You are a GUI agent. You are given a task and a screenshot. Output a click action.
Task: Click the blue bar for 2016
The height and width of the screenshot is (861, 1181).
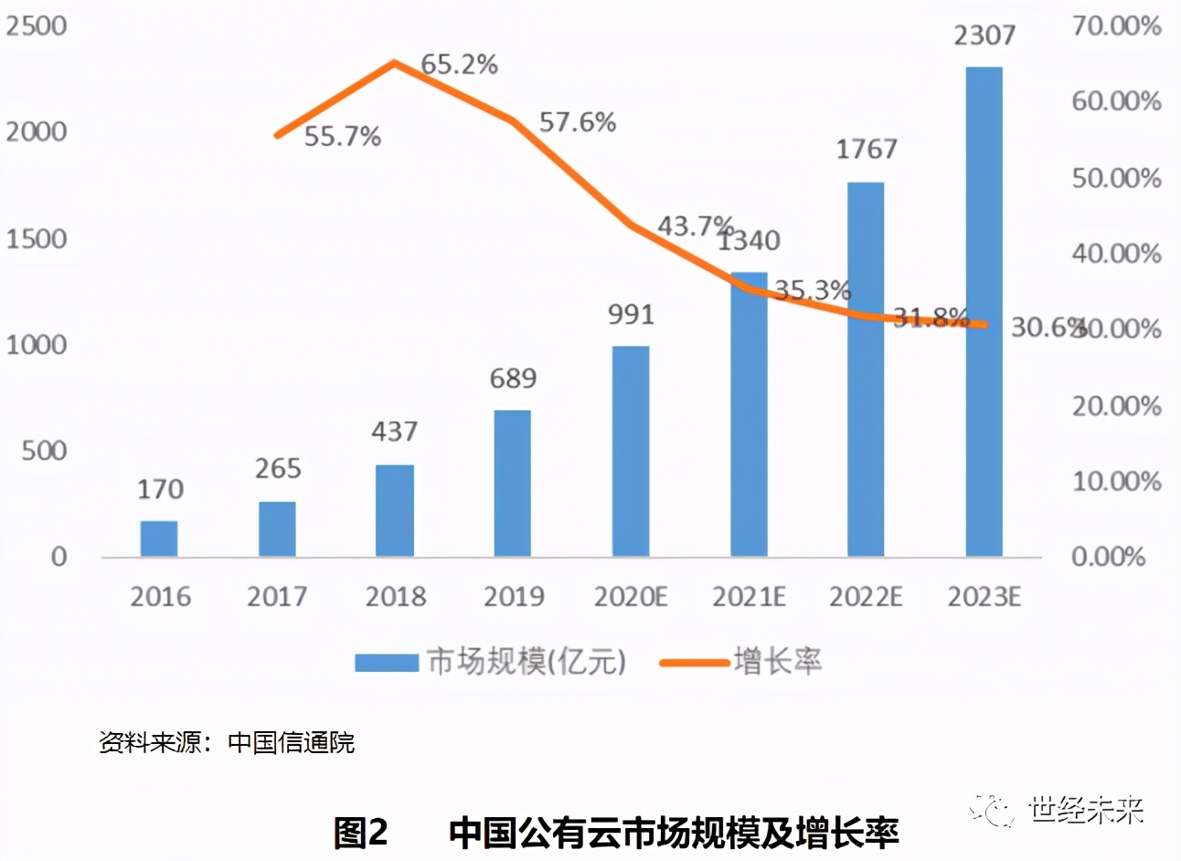[x=158, y=538]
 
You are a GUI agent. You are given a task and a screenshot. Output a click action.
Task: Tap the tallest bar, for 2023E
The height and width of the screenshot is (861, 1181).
[x=984, y=311]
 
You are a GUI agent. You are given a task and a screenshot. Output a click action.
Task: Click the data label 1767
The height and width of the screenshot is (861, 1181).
[x=867, y=149]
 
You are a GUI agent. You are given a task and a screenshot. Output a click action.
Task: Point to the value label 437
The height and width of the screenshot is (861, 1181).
[x=394, y=431]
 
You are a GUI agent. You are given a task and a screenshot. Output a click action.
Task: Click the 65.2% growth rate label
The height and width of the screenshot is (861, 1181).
[x=460, y=65]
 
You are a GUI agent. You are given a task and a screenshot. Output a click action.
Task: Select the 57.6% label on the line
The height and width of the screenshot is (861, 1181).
[x=578, y=122]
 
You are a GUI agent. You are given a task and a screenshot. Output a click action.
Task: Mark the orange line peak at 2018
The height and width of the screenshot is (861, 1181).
[x=394, y=63]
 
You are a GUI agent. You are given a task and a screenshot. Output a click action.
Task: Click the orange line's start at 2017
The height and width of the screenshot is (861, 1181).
[x=277, y=135]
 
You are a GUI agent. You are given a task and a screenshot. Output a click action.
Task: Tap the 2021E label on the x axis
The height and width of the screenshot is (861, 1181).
[x=749, y=597]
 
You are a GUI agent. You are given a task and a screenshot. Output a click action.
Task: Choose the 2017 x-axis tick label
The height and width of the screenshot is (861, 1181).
[x=277, y=597]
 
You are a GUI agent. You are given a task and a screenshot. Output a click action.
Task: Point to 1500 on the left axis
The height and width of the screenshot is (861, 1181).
[x=37, y=239]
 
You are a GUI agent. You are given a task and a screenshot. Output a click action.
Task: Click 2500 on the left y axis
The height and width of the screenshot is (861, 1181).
[x=37, y=26]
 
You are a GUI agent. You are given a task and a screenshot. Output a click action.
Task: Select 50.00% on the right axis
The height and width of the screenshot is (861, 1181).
[x=1116, y=177]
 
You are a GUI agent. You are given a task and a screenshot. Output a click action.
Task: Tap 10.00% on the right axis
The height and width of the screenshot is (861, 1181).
[x=1116, y=481]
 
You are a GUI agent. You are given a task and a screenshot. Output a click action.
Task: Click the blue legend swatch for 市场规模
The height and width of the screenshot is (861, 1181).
[x=386, y=662]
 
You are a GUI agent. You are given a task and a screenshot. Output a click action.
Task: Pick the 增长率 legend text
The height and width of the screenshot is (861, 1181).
[x=777, y=661]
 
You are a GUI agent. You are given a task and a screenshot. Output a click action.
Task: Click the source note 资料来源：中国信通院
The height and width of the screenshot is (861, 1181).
[x=227, y=742]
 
